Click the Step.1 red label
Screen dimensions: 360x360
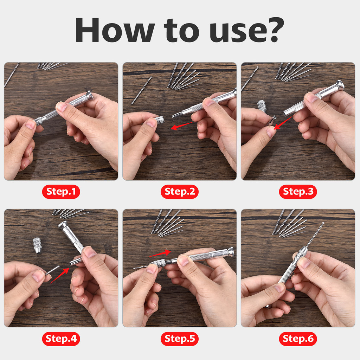tap(61, 192)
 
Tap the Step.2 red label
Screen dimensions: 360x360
tap(180, 192)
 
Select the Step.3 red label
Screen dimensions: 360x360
tap(298, 192)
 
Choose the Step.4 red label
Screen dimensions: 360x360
tap(61, 339)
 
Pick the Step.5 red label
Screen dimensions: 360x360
tap(180, 339)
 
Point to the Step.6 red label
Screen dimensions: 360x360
tap(298, 339)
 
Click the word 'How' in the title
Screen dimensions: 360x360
tap(115, 30)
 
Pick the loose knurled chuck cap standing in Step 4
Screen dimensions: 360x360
tap(37, 245)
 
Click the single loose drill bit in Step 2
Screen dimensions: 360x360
tap(142, 90)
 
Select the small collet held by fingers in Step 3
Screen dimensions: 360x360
tap(272, 120)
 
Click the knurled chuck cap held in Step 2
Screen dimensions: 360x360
tap(160, 120)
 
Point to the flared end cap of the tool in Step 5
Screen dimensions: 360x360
tap(231, 252)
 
